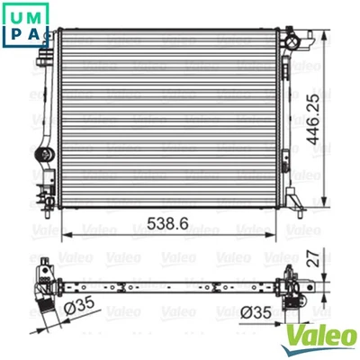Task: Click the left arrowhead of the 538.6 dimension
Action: point(63,231)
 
